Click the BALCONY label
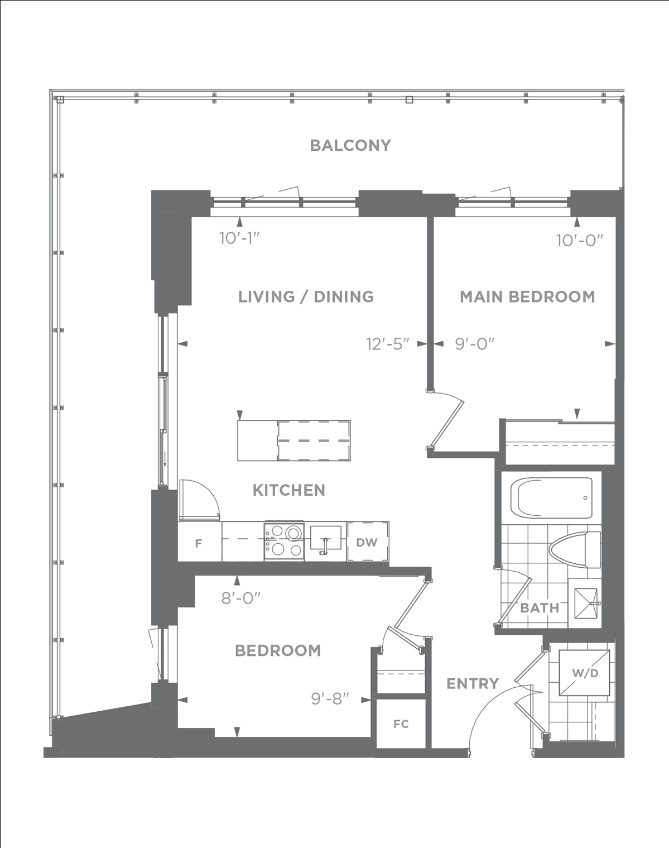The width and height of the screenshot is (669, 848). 350,145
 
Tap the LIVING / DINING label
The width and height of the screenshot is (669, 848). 306,297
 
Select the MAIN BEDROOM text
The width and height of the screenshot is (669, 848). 528,297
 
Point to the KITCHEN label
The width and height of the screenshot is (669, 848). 289,490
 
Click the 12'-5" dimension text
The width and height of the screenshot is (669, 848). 388,344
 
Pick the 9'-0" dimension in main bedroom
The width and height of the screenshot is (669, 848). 475,344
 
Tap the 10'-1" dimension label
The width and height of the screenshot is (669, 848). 240,238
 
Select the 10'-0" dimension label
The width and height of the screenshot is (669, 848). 580,241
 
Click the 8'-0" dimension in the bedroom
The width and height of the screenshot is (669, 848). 240,598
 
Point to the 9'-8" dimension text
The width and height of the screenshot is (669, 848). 330,699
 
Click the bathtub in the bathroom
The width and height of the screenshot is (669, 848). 551,498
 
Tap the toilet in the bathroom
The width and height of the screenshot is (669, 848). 575,550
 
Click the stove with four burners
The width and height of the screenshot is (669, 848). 284,541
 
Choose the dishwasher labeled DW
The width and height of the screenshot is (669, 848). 368,542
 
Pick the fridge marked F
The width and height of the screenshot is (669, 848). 199,542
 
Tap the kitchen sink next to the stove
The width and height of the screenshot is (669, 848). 325,538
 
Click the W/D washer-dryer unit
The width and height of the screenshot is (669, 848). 584,674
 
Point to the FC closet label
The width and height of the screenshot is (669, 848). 401,724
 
